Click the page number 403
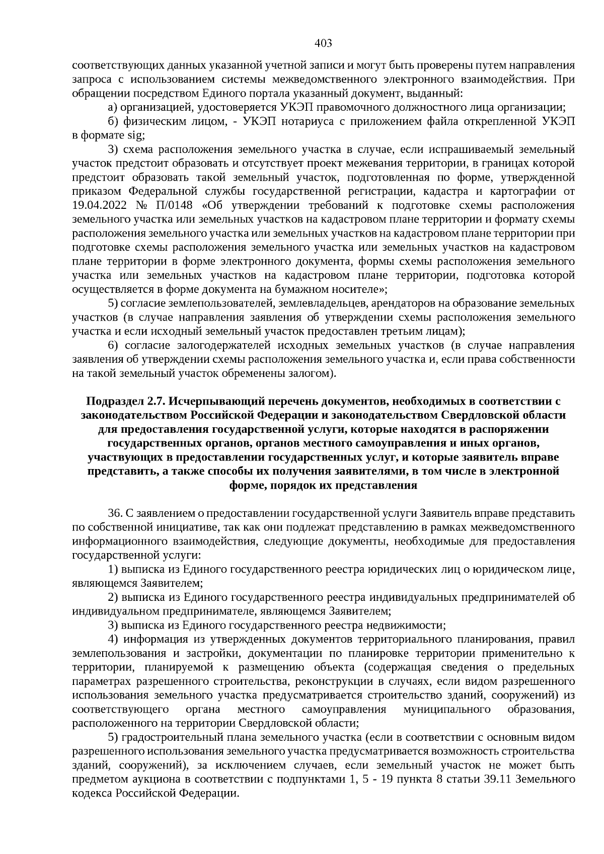click(x=323, y=43)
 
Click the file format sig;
click(x=135, y=135)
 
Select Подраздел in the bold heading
click(x=115, y=401)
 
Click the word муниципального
click(x=447, y=710)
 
